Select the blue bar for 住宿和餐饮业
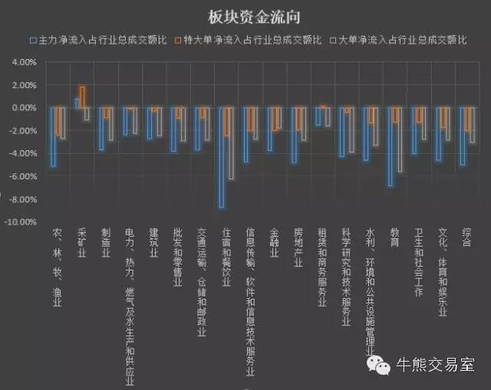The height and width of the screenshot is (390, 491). [222, 157]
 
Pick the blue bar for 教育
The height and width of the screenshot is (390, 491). [390, 146]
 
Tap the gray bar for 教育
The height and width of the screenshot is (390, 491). [400, 139]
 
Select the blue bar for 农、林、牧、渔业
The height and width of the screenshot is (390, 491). [53, 137]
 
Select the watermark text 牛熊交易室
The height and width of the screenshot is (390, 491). [434, 365]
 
